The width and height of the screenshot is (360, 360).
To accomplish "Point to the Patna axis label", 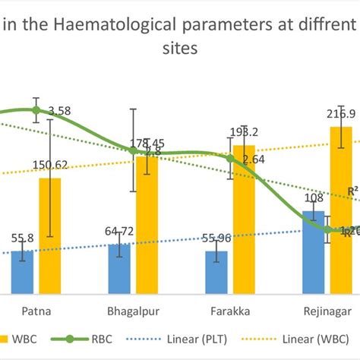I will pos(36,311).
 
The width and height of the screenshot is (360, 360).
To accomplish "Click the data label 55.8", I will pos(21,238).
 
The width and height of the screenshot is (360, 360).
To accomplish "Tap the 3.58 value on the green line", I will pos(59,111).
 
